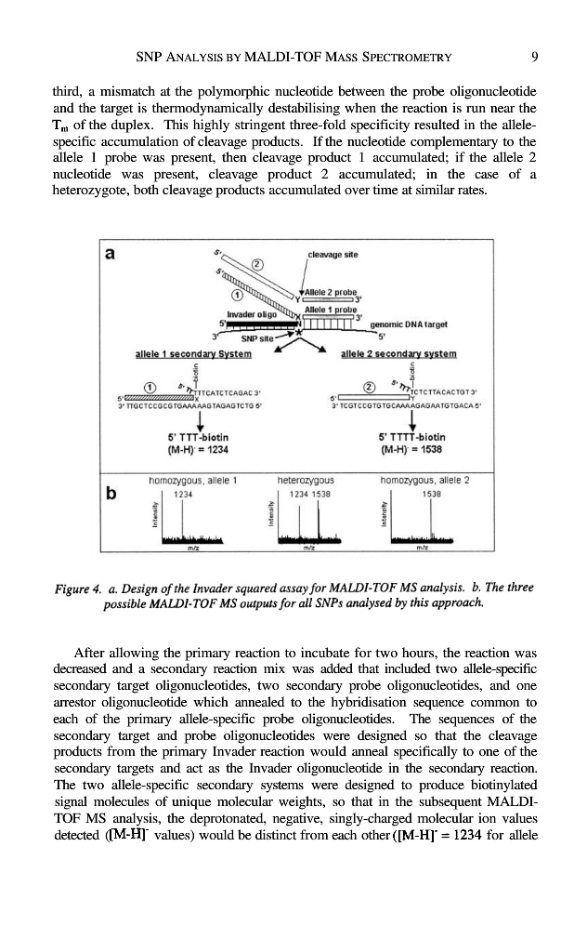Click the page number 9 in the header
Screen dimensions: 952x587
pyautogui.click(x=536, y=57)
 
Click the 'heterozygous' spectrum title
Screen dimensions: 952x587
pyautogui.click(x=306, y=481)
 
